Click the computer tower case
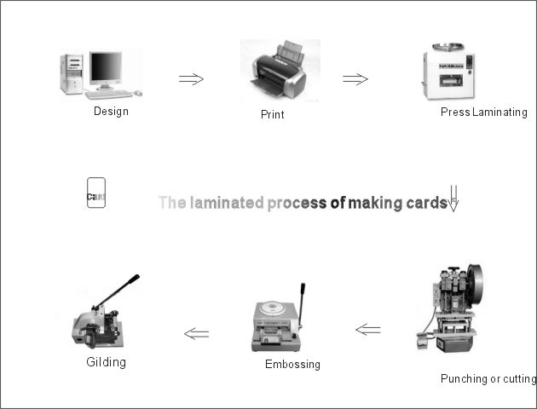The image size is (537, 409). [x=72, y=74]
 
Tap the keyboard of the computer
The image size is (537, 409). [x=108, y=94]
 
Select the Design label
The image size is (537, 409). [x=111, y=112]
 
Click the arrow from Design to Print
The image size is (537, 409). [x=191, y=79]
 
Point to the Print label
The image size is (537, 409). [x=272, y=114]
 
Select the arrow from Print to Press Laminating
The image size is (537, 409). [x=355, y=79]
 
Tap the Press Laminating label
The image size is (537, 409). [x=483, y=112]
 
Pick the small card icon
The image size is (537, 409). [x=95, y=193]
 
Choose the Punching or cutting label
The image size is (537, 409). [x=488, y=378]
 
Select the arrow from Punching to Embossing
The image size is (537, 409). [x=367, y=329]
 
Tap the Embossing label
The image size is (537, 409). [x=292, y=364]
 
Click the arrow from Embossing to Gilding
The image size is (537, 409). [x=196, y=333]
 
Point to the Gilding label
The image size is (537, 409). [x=106, y=361]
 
